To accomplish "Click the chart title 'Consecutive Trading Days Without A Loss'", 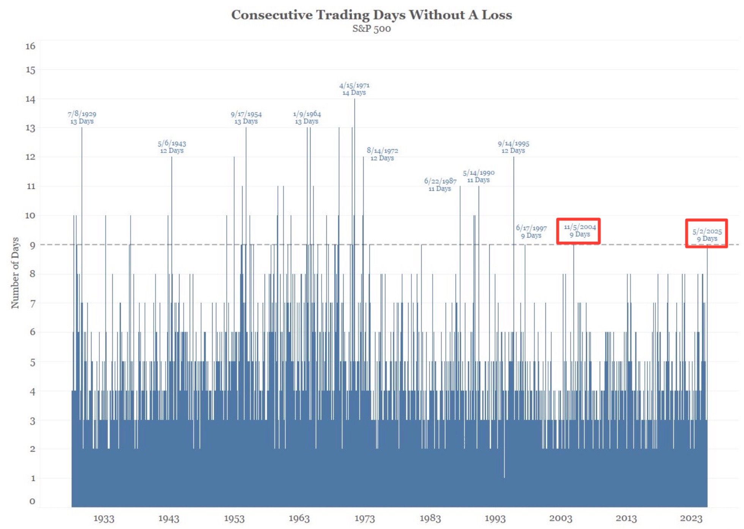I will pos(371,15).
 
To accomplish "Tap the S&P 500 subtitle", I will pos(371,29).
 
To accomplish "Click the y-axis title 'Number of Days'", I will pos(15,272).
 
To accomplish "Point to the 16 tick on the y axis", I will pos(30,46).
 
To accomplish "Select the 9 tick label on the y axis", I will pos(32,246).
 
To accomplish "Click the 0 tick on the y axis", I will pos(32,501).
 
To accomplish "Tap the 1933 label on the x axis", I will pos(104,518).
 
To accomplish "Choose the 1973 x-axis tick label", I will pos(364,518).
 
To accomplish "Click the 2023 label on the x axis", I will pos(691,518).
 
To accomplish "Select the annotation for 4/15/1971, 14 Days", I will pos(354,89).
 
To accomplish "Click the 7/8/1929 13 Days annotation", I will pos(82,118).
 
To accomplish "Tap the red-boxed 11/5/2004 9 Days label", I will pos(580,230).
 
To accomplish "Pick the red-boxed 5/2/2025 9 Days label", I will pos(707,235).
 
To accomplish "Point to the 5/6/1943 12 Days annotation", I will pos(172,147).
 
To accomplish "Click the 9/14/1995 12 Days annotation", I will pos(513,147).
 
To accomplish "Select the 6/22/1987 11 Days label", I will pos(440,185).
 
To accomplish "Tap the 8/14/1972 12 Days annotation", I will pos(382,154).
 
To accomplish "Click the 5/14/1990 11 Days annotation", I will pos(478,176).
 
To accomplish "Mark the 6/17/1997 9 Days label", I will pos(531,231).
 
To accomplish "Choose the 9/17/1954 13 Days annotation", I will pos(246,118).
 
